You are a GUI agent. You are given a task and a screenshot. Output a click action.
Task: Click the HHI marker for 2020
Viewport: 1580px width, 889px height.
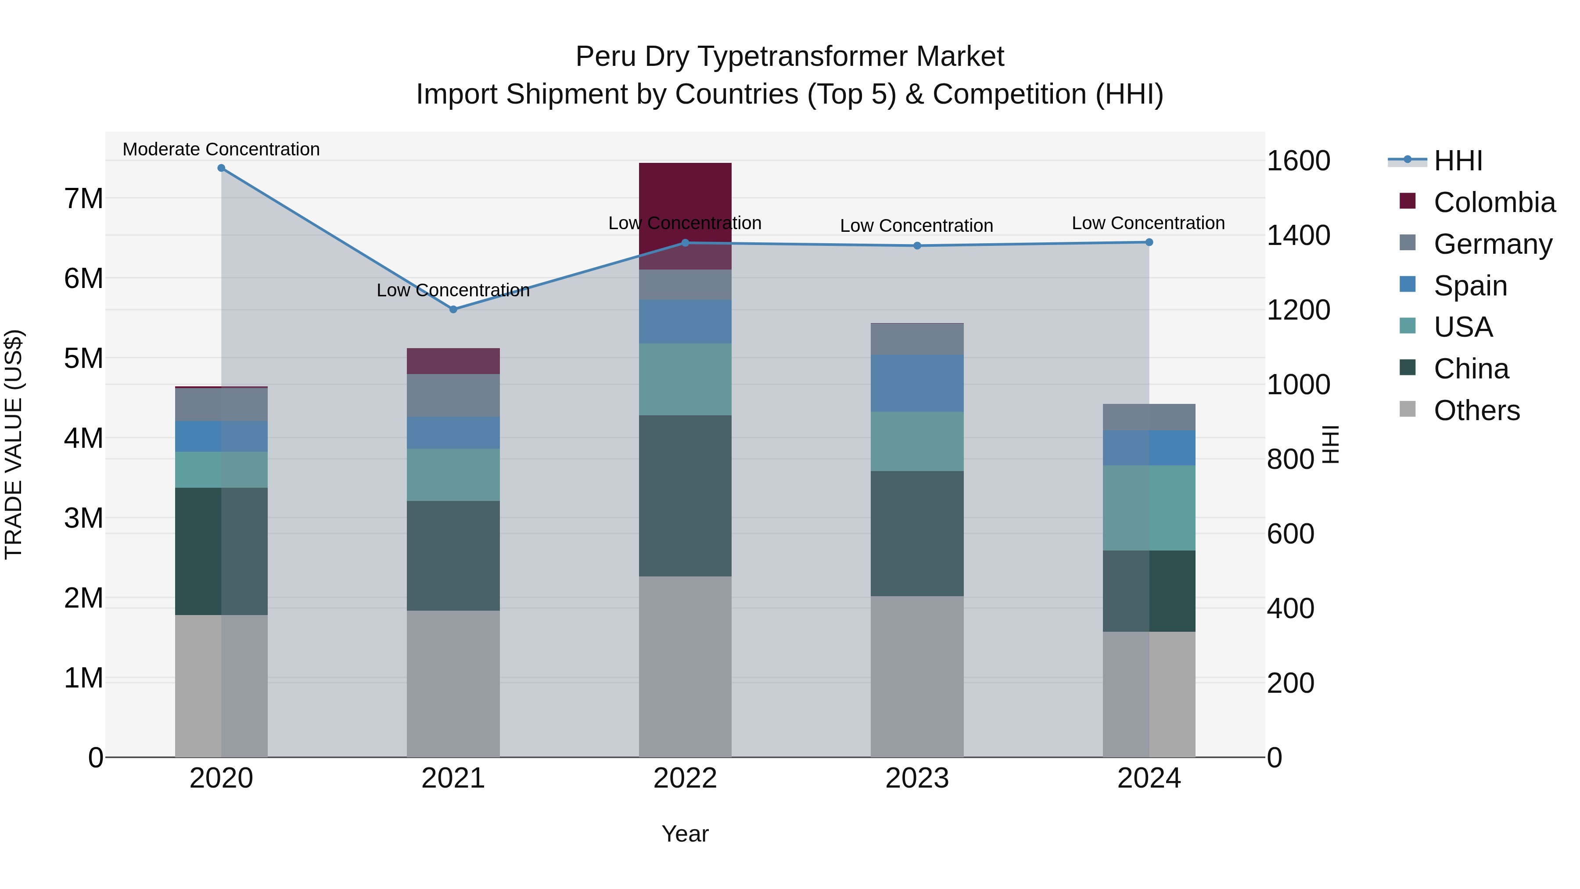tap(222, 168)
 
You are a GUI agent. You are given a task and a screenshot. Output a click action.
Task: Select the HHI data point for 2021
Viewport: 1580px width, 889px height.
tap(453, 310)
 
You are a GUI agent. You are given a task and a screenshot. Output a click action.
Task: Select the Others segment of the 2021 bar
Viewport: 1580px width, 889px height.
tap(453, 684)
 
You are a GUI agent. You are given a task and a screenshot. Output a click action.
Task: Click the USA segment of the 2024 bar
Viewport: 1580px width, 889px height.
tap(1149, 507)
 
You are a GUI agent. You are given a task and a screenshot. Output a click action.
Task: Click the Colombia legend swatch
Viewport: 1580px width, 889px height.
tap(1408, 201)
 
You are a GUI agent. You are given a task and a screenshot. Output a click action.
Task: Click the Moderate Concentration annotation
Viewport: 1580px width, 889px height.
tap(222, 149)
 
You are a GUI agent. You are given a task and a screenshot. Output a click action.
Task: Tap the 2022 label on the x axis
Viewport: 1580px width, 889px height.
tap(685, 778)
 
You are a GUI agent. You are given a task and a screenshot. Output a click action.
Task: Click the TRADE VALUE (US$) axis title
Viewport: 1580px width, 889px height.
tap(14, 444)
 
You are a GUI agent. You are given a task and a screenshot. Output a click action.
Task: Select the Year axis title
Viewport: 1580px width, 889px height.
tap(685, 834)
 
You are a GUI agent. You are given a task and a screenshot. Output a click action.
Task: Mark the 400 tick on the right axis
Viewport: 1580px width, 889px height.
tap(1290, 608)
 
